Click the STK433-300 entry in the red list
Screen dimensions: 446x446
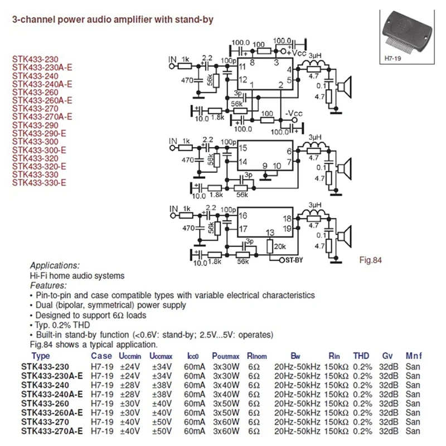coord(35,142)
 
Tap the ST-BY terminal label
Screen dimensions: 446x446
coord(291,260)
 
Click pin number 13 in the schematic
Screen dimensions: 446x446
coord(270,232)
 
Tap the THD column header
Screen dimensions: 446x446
coord(361,356)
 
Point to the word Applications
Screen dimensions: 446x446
coord(54,266)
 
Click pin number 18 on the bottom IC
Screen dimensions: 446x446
coord(287,219)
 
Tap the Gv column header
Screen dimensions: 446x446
coord(387,356)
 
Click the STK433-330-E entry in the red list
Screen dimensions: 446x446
coord(40,183)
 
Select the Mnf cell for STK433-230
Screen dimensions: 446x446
coord(413,367)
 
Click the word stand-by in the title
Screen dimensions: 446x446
coord(196,20)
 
